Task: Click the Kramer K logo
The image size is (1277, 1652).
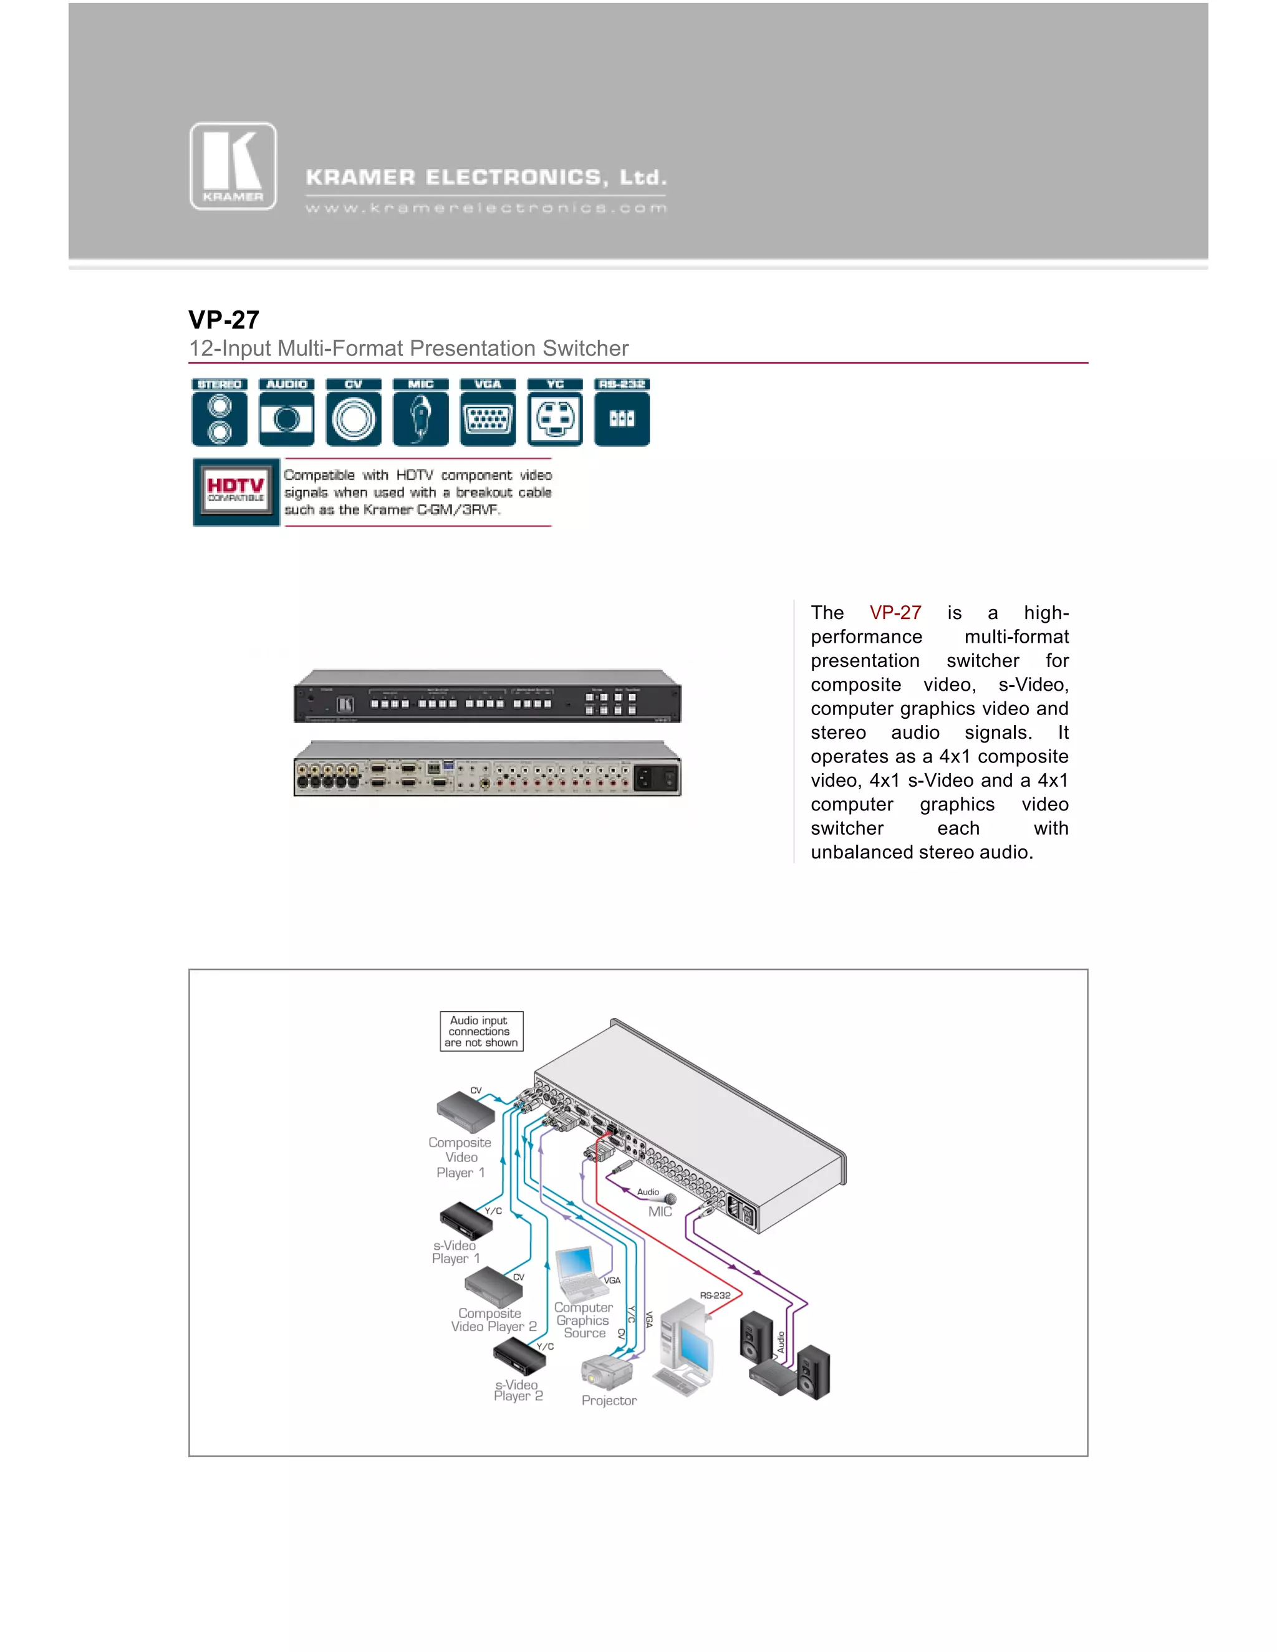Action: point(233,166)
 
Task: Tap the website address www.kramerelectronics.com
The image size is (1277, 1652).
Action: point(486,208)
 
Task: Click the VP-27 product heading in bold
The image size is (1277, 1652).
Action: point(224,320)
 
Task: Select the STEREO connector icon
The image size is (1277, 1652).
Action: point(219,412)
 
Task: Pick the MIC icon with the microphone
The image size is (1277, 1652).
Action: point(421,412)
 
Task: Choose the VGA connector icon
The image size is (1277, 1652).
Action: point(488,412)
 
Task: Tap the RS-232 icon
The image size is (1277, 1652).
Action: point(622,412)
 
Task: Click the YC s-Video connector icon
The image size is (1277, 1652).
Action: point(556,412)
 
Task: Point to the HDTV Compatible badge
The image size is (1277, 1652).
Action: point(236,492)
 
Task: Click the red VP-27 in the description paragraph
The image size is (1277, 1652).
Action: point(895,613)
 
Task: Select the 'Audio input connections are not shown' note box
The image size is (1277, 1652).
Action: point(481,1031)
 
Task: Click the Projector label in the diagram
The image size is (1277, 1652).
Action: point(609,1400)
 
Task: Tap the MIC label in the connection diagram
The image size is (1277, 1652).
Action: point(660,1211)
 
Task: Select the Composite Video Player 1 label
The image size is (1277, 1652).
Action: point(460,1157)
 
